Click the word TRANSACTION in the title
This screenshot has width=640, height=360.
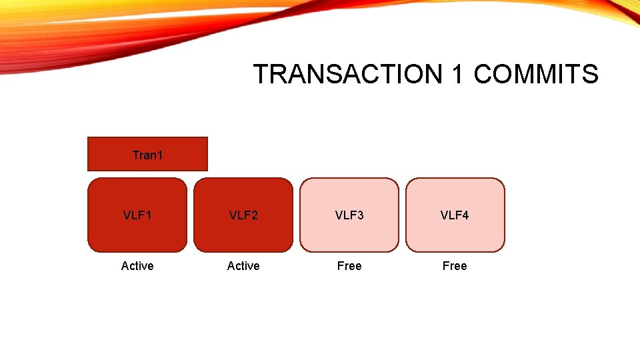coord(347,74)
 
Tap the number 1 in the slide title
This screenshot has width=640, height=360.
coord(457,74)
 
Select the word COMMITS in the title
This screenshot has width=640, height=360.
coord(536,74)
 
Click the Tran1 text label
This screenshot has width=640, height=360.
coord(147,155)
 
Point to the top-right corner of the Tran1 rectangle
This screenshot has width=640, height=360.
coord(207,137)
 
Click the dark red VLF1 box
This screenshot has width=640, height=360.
coord(137,215)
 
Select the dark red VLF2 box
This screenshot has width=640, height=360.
coord(243,215)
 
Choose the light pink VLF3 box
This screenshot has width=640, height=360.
coord(349,215)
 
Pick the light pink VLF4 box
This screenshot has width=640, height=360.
coord(455,215)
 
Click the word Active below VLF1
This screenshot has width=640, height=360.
coord(137,266)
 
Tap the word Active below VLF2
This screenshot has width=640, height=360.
coord(243,266)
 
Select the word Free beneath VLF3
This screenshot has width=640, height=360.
coord(349,266)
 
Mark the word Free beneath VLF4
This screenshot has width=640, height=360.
coord(455,266)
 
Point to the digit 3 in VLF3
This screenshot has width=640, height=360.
coord(360,215)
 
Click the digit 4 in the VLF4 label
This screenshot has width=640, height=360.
coord(465,215)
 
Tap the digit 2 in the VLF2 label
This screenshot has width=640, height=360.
coord(254,215)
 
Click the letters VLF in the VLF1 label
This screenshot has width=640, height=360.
coord(134,215)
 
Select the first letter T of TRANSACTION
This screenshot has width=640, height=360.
coord(261,74)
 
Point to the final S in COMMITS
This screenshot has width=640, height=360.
coord(590,74)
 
